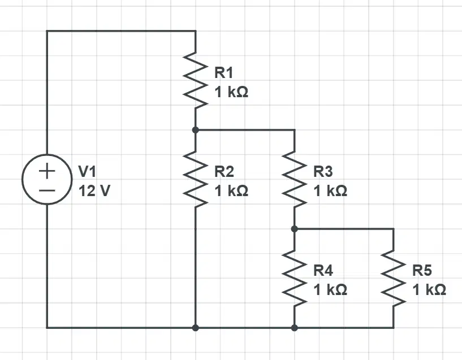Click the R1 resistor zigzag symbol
tap(195, 80)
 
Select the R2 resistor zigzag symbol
tap(195, 179)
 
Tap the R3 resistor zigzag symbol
tap(294, 179)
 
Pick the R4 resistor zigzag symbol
tap(294, 278)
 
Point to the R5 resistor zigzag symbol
tap(393, 278)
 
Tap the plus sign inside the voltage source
tap(47, 171)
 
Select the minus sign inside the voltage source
tap(47, 191)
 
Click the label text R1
tap(224, 73)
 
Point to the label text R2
tap(224, 172)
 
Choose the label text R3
tap(323, 172)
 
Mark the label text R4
tap(323, 271)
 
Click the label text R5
tap(422, 271)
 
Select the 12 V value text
tap(94, 191)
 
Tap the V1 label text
tap(87, 172)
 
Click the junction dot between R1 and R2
tap(195, 129)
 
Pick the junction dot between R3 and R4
tap(294, 228)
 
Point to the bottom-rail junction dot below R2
tap(195, 327)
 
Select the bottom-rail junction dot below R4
tap(294, 327)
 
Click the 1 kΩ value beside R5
tap(429, 290)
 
